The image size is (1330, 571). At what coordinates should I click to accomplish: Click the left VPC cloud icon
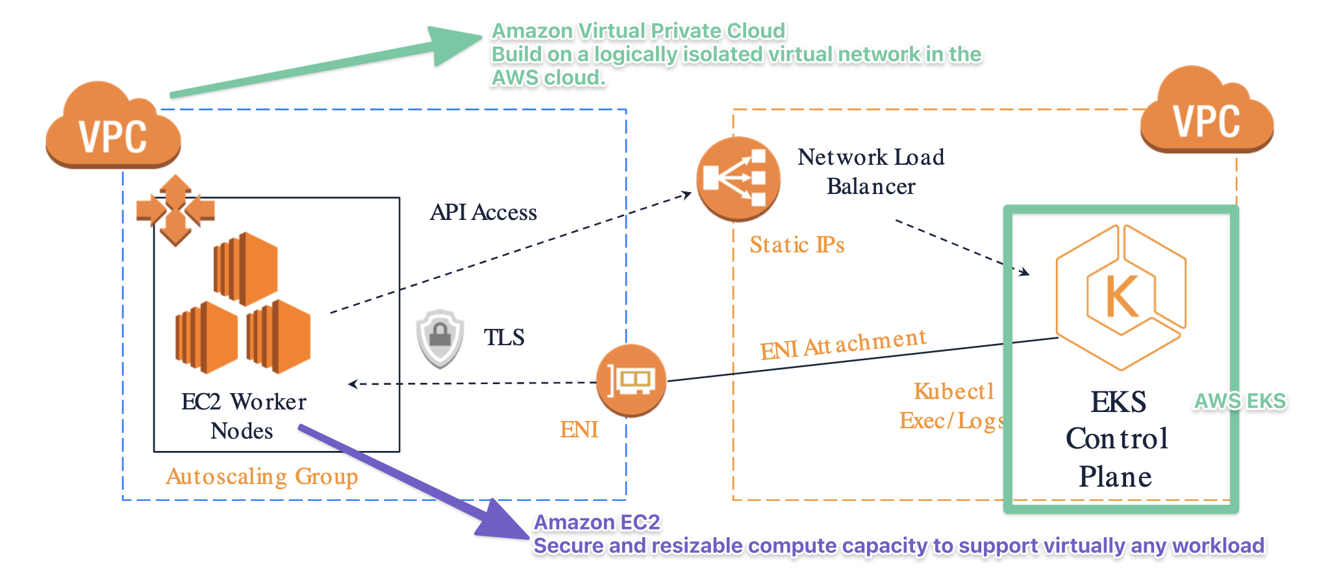(x=113, y=127)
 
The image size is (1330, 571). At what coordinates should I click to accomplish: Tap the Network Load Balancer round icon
(x=738, y=178)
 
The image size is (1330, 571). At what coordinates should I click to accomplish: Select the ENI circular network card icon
(x=631, y=380)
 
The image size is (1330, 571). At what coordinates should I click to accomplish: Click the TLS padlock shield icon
(x=440, y=337)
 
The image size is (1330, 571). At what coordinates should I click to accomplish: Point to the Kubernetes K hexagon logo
(x=1122, y=297)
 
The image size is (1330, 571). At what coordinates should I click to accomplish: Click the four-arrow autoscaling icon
(x=175, y=210)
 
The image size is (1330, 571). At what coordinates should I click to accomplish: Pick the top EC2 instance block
(x=245, y=269)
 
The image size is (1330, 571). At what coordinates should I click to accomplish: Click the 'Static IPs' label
(x=797, y=245)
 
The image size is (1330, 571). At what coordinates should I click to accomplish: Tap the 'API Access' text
(x=483, y=212)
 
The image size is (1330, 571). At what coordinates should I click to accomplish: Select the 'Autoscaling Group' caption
(x=262, y=476)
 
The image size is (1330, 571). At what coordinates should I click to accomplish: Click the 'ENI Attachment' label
(x=843, y=344)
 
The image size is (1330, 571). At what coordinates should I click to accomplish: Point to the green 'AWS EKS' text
(x=1240, y=401)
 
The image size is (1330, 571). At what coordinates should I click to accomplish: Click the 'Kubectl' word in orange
(x=954, y=391)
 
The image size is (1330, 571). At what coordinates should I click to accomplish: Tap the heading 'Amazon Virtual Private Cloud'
(x=638, y=30)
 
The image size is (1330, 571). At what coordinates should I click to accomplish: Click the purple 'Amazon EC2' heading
(x=597, y=522)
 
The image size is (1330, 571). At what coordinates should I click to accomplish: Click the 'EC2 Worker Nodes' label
(x=244, y=416)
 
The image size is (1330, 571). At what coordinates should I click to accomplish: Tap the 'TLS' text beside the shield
(x=504, y=337)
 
